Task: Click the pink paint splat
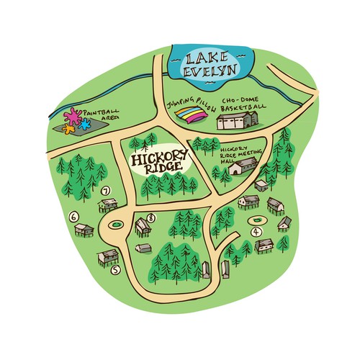pyautogui.click(x=72, y=114)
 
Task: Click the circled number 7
pyautogui.click(x=106, y=191)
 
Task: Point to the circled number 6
pyautogui.click(x=73, y=215)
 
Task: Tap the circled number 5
pyautogui.click(x=115, y=270)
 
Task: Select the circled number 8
pyautogui.click(x=150, y=217)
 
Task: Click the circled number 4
pyautogui.click(x=256, y=232)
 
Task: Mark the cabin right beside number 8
pyautogui.click(x=142, y=228)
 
